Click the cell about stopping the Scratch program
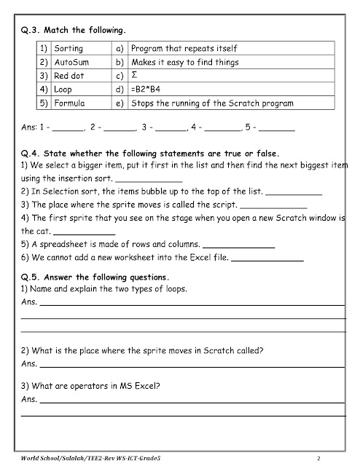[211, 103]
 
